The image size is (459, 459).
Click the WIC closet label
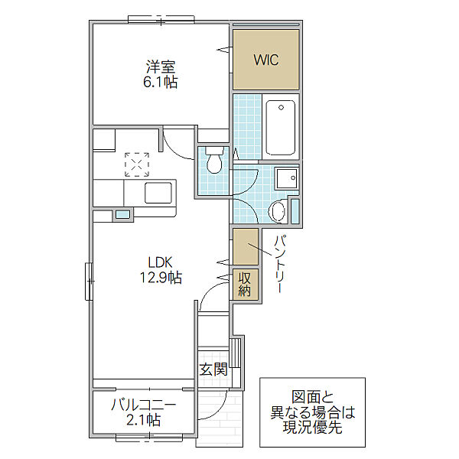click(266, 60)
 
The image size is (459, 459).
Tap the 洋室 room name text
click(161, 67)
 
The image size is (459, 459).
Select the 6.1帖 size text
click(161, 82)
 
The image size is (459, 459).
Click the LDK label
click(160, 262)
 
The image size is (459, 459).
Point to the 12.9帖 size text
click(161, 277)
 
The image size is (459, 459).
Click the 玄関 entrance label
click(213, 369)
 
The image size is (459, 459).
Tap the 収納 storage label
click(245, 284)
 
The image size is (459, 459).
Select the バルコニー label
click(144, 405)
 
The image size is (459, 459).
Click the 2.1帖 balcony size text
click(144, 420)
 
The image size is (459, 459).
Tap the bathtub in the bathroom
click(281, 128)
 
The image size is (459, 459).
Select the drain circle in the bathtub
click(281, 108)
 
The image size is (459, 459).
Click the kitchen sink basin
click(158, 193)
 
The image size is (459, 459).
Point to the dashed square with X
click(137, 164)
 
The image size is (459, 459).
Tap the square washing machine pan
click(287, 178)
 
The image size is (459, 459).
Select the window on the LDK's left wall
click(89, 282)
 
